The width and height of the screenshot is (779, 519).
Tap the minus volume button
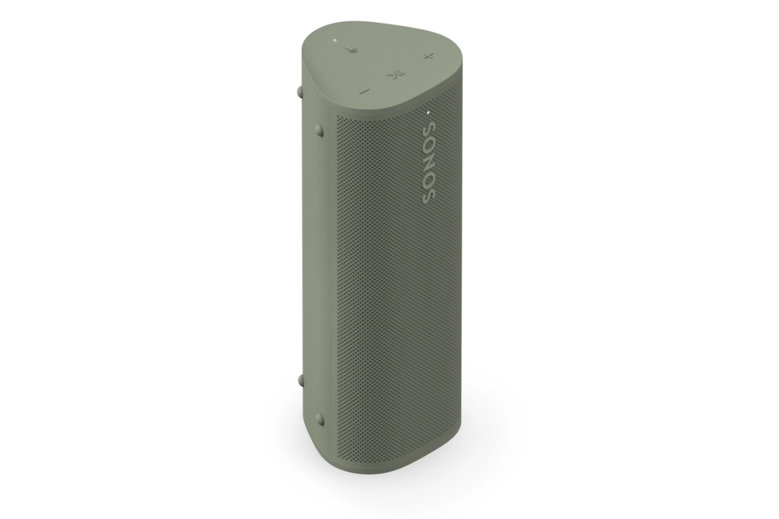[x=364, y=91]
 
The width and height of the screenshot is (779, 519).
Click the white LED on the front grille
[x=428, y=112]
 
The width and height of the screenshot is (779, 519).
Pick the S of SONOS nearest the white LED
[x=430, y=128]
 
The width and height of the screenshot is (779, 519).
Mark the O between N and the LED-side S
[x=430, y=145]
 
